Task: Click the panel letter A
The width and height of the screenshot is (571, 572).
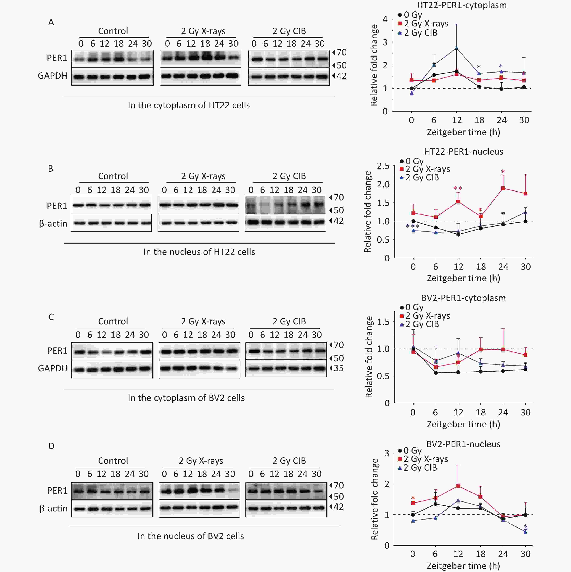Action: tap(51, 22)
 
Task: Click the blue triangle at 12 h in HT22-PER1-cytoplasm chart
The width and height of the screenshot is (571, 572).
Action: tap(456, 48)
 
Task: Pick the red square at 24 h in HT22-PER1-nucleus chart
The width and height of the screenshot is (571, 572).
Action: tap(503, 188)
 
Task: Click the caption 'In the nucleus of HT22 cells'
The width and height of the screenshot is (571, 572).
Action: tap(199, 252)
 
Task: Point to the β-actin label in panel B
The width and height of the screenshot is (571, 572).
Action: tap(53, 224)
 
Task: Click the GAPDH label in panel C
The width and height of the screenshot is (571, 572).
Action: tap(53, 368)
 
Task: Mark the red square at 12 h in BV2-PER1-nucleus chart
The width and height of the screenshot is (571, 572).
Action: tap(458, 486)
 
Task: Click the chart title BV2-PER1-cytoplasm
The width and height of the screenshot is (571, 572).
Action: tap(463, 298)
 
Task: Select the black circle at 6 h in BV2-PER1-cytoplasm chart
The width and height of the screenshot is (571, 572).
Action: tap(435, 373)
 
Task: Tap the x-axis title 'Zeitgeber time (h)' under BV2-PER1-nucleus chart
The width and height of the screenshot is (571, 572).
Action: tap(463, 566)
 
